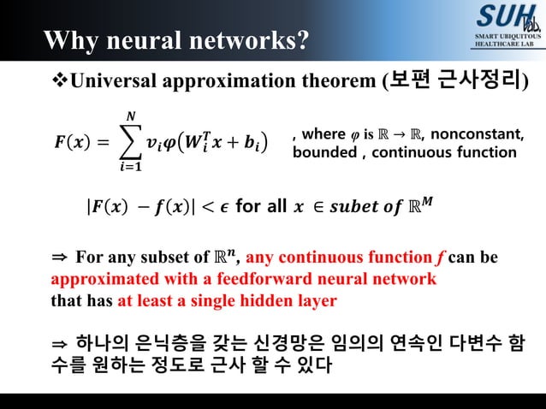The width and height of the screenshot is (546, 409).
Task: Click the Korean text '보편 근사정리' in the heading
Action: (x=458, y=81)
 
